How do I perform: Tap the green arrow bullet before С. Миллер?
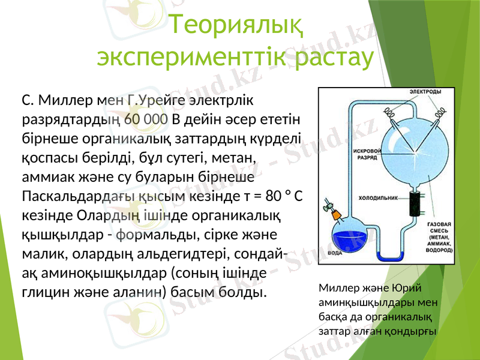(12, 99)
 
